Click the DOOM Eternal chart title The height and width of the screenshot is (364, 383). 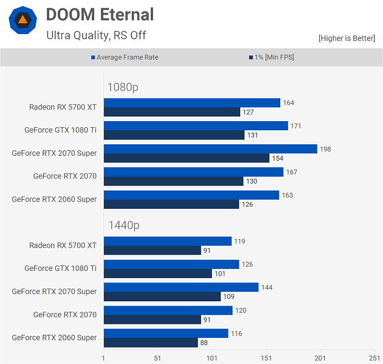(100, 15)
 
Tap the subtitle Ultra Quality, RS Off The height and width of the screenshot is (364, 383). (96, 35)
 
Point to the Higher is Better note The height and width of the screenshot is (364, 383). (347, 38)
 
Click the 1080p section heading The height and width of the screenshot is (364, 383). (123, 87)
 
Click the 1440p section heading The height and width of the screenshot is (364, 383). (123, 225)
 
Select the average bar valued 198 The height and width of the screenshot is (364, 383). (210, 149)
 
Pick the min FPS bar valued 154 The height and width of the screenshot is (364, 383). (187, 158)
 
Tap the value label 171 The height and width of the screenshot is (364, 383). (296, 126)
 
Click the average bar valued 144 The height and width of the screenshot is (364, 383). (181, 287)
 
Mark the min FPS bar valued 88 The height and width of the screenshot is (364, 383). (151, 343)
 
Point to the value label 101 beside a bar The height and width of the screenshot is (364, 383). (220, 274)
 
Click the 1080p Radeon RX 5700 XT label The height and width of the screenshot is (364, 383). (63, 107)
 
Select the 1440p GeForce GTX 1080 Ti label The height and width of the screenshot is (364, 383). (60, 268)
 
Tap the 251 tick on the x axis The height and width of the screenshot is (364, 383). (374, 358)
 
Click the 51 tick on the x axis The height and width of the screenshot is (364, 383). (157, 358)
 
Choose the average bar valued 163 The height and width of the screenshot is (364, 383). (191, 195)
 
